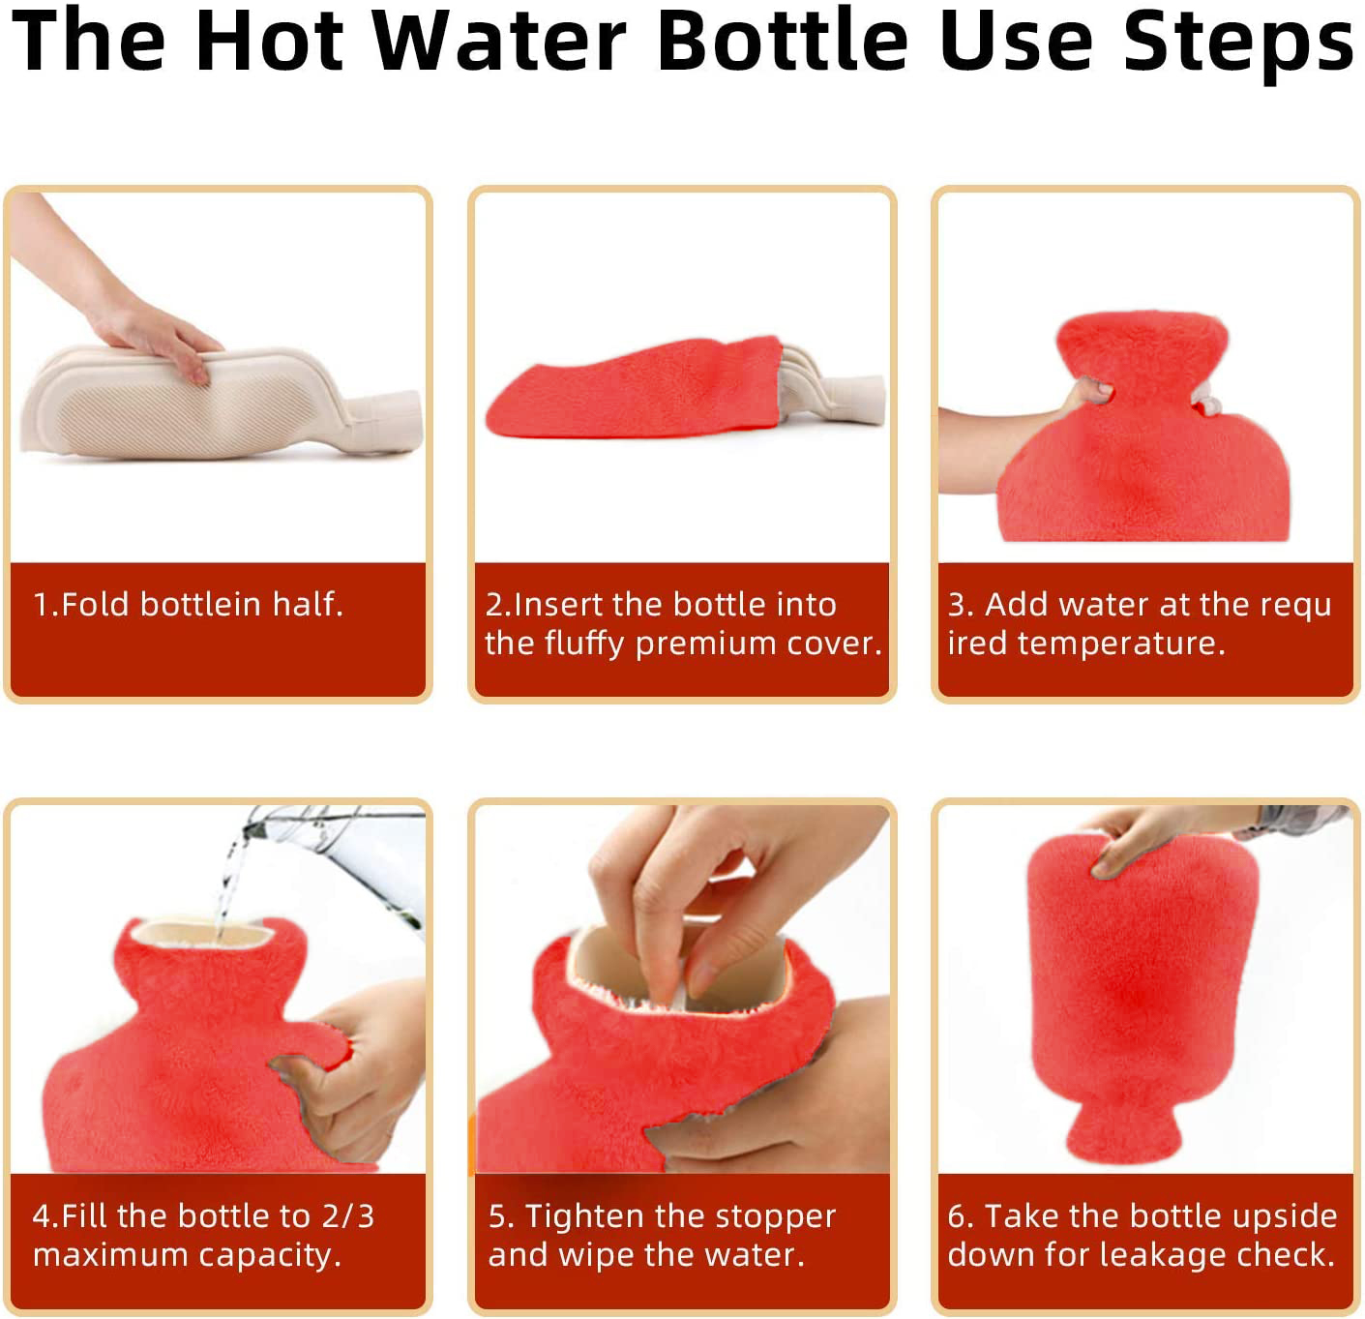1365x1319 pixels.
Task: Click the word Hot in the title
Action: [x=270, y=40]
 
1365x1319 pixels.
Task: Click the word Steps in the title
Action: [x=1238, y=44]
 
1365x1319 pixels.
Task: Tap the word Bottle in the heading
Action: [x=784, y=40]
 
